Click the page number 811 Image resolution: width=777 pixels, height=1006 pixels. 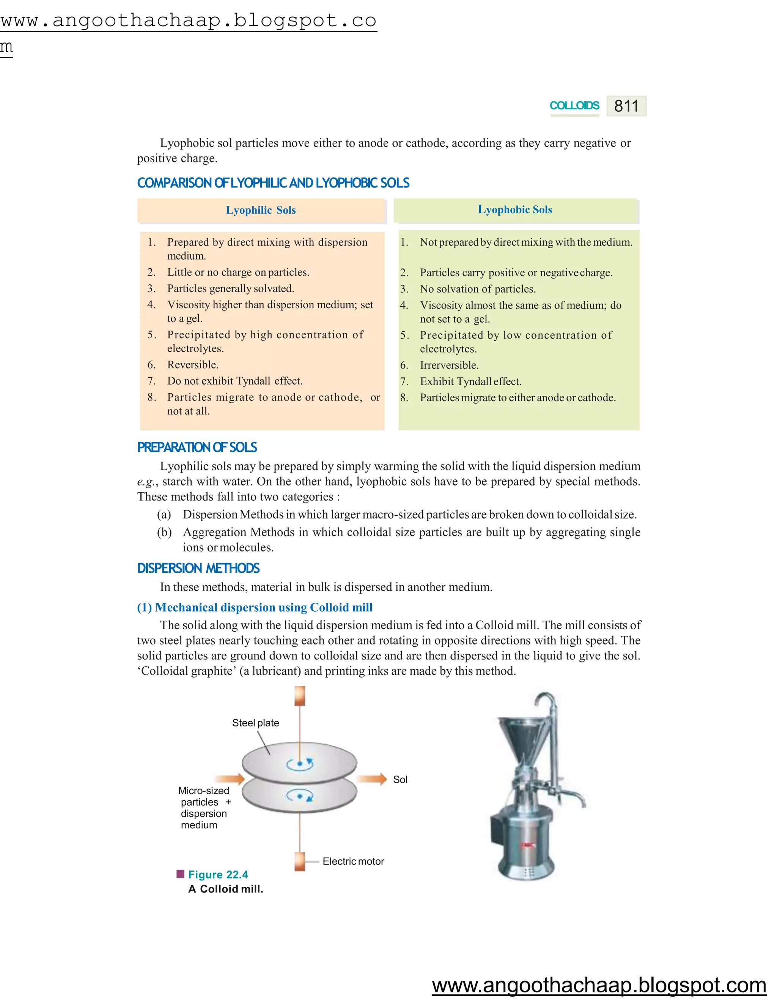[x=626, y=106]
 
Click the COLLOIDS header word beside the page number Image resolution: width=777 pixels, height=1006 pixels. [x=574, y=106]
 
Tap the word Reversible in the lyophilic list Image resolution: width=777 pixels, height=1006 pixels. [x=192, y=365]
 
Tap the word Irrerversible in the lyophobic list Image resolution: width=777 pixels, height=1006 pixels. [x=449, y=365]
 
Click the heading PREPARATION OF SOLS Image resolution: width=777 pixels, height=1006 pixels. [x=197, y=447]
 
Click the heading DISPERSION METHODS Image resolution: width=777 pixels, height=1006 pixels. [x=198, y=568]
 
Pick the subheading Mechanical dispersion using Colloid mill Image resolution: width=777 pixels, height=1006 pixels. [x=255, y=607]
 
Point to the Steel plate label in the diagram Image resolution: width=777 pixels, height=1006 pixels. [x=255, y=723]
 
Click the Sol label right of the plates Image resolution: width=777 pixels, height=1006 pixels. [x=400, y=779]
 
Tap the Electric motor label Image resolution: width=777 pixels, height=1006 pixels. [x=353, y=861]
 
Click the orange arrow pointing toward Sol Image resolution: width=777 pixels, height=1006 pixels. [x=372, y=779]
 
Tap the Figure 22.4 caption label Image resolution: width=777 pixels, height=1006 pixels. [x=218, y=875]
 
